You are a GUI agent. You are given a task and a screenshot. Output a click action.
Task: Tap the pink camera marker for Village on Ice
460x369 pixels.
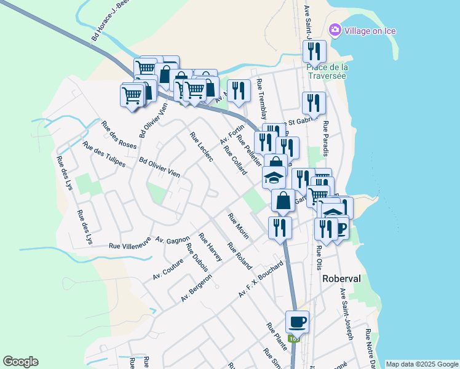335,30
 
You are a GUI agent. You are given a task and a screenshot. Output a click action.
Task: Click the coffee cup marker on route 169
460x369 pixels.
297,322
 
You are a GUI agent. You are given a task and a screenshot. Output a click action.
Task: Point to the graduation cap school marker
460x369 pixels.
274,178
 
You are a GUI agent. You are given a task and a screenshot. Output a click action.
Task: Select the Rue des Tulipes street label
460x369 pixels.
104,155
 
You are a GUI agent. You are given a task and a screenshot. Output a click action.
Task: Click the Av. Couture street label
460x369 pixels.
169,269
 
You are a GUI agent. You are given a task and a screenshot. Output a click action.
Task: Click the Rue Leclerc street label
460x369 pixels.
202,147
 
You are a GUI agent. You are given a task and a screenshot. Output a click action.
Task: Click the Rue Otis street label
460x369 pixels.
319,257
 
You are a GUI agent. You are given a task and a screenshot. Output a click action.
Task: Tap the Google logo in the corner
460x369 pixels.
20,362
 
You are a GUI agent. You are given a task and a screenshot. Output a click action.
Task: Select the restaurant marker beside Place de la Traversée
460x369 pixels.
314,51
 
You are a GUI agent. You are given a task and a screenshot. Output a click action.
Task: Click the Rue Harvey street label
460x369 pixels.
210,247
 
